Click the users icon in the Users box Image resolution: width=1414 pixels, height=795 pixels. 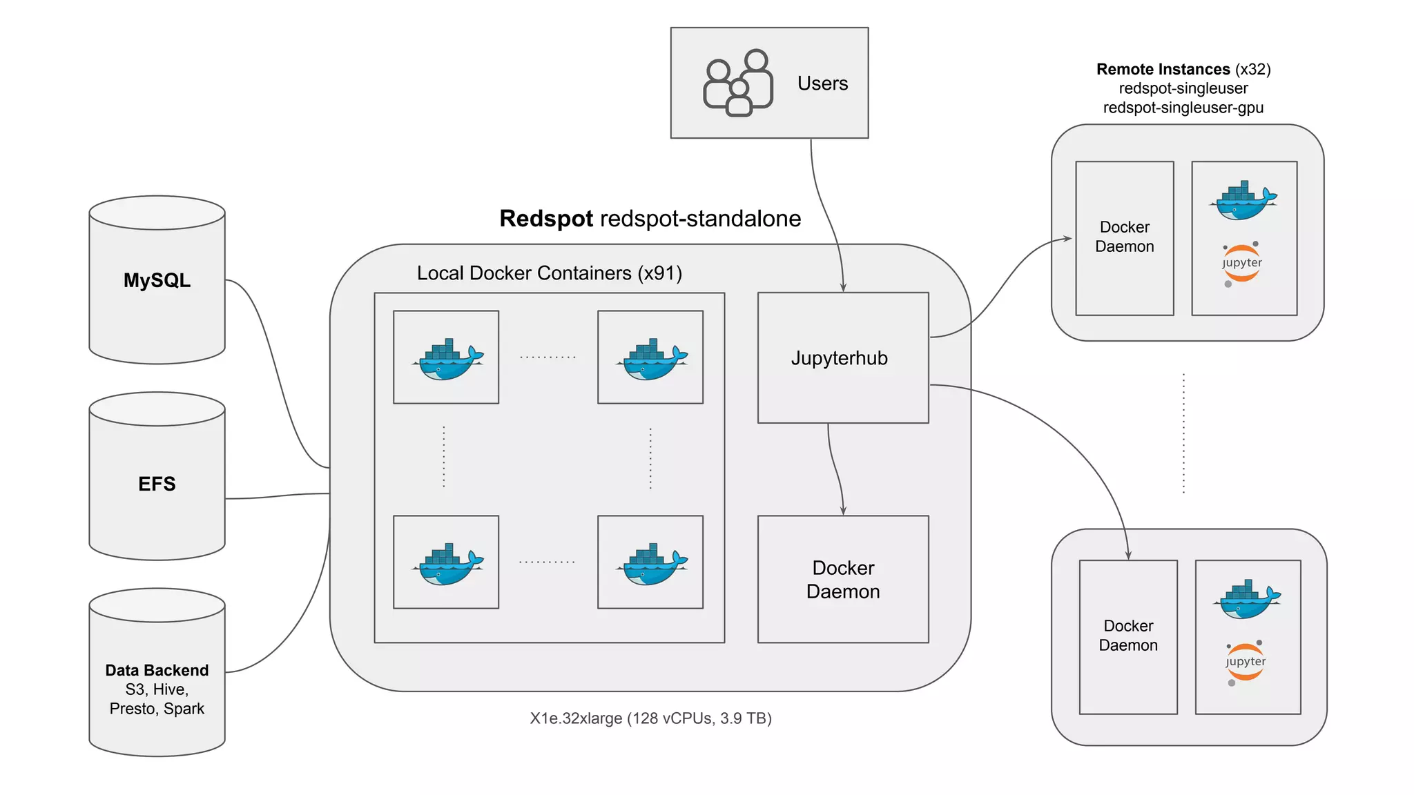(x=737, y=83)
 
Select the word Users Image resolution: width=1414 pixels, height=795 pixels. (x=822, y=84)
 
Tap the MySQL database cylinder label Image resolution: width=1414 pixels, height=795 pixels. (x=157, y=280)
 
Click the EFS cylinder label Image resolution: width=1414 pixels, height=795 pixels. (x=157, y=484)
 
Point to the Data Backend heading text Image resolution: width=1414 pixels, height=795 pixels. (x=157, y=670)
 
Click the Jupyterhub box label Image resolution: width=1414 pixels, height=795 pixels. (x=839, y=358)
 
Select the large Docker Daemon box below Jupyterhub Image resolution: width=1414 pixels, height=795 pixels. (x=843, y=580)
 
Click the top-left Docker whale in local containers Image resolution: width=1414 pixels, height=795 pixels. (x=447, y=359)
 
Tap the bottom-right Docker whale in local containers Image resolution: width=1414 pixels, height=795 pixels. (x=652, y=564)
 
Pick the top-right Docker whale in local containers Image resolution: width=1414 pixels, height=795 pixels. (x=652, y=359)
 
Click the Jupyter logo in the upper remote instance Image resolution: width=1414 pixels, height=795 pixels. (x=1241, y=263)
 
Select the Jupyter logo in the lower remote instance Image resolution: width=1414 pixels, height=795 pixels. (x=1246, y=662)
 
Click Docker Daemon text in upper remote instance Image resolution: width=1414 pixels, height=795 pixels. (x=1124, y=237)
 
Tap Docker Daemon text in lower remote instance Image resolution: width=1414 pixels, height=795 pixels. (x=1128, y=636)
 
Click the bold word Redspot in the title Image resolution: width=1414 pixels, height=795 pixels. (x=545, y=219)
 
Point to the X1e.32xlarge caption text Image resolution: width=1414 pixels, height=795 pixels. (x=650, y=718)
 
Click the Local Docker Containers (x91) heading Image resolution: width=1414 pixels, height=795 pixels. (x=549, y=273)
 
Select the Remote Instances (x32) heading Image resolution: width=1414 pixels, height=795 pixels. (x=1183, y=69)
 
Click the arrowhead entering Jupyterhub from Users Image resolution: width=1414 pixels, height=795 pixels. (x=843, y=288)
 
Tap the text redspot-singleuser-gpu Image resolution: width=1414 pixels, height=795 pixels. (x=1183, y=108)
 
